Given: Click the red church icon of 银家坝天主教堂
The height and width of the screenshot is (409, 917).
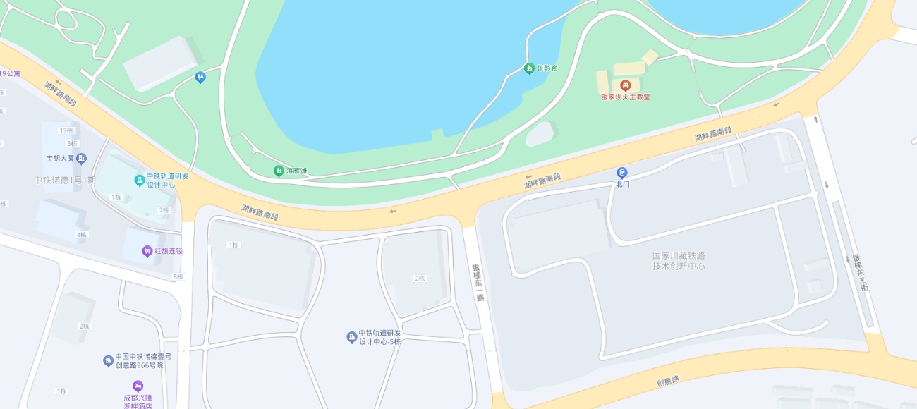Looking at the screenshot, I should coord(625,85).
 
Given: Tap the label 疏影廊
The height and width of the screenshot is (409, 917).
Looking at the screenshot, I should coord(547,68).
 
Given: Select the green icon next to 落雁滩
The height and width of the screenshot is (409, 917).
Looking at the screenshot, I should coord(279,171).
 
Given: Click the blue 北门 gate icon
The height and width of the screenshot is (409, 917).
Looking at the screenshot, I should coord(622,173).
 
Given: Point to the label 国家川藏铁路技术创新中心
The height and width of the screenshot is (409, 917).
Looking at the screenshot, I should coord(679,260).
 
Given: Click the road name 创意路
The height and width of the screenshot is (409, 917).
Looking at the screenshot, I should coord(667,380).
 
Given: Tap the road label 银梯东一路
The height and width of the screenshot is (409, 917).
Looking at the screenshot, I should coord(478,283).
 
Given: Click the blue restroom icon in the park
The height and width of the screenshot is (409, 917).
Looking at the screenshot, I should coord(200,77).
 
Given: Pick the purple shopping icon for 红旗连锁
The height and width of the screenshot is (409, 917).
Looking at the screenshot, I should coord(147,251).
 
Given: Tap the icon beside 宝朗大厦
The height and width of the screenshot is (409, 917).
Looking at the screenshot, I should coord(81,158).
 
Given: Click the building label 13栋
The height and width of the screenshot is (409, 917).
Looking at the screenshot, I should coord(66,130).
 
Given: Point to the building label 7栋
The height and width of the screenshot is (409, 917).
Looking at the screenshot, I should coord(164,210).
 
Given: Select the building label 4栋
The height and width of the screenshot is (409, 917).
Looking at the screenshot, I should coord(82,235).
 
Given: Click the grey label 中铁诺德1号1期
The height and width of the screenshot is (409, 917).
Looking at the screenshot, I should coord(64,180).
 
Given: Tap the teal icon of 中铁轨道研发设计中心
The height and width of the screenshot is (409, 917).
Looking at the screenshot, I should coord(140,181).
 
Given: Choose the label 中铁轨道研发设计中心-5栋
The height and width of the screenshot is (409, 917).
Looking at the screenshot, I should coord(379,337).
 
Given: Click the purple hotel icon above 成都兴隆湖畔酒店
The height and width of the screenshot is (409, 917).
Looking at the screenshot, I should coord(138,386).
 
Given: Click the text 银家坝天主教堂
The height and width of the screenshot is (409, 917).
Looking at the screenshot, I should coord(626,97).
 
